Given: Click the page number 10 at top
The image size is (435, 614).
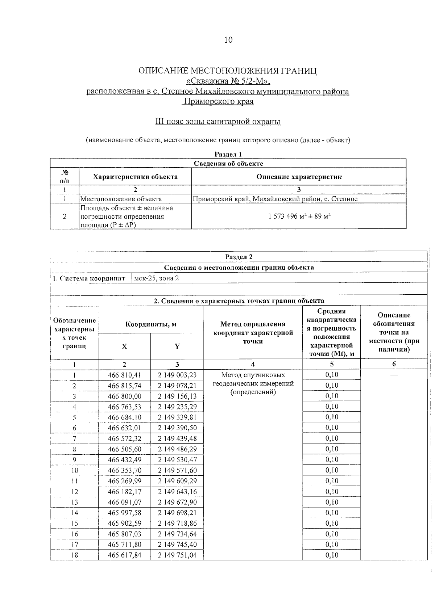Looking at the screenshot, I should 228,40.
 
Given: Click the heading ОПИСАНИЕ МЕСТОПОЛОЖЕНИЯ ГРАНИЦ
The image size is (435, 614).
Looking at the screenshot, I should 228,71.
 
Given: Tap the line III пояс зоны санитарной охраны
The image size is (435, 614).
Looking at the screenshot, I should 217,122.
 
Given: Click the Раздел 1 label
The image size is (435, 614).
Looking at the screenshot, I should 228,154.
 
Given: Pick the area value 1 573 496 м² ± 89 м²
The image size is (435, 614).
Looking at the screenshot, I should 299,216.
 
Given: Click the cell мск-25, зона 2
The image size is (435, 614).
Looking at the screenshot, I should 157,278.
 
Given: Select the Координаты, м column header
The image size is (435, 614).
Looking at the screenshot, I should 151,324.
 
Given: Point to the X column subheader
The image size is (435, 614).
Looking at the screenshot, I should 124,346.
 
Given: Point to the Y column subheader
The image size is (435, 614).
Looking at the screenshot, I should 177,346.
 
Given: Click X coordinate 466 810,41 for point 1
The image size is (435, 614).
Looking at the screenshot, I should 124,375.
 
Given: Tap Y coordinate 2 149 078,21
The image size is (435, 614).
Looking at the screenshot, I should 177,386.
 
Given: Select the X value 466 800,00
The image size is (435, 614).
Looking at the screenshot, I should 124,396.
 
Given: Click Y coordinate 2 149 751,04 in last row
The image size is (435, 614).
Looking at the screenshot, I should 177,555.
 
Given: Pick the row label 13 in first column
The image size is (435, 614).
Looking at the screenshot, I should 74,502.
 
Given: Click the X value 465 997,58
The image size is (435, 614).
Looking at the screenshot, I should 124,513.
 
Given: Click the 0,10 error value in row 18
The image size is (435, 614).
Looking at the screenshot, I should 332,555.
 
